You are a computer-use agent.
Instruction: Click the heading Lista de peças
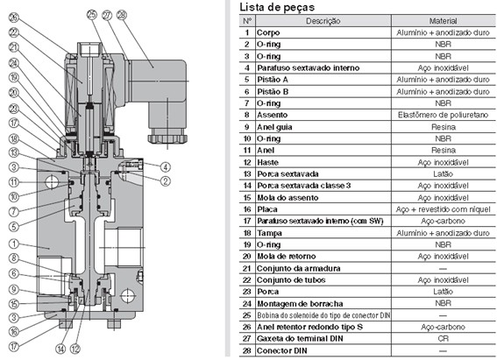[x=277, y=7]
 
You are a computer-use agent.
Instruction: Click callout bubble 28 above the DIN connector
[x=120, y=15]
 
